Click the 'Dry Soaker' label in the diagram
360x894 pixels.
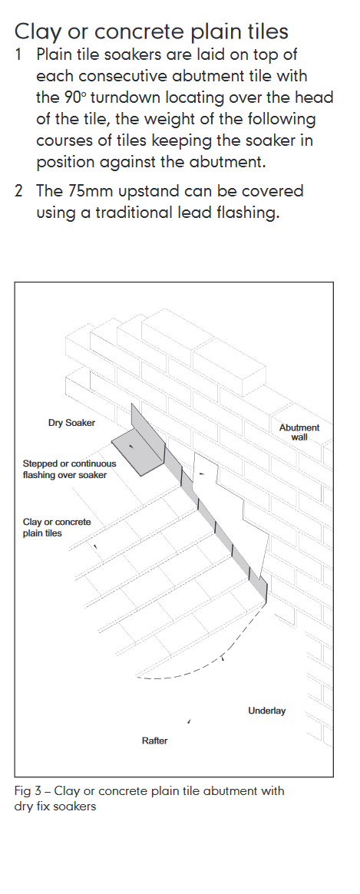pyautogui.click(x=71, y=423)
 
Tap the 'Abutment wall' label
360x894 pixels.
pyautogui.click(x=299, y=432)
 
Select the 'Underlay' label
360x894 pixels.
pyautogui.click(x=266, y=711)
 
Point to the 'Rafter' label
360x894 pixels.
pyautogui.click(x=154, y=741)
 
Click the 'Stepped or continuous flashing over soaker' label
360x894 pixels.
pyautogui.click(x=69, y=469)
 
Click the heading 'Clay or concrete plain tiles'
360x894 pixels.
pyautogui.click(x=151, y=31)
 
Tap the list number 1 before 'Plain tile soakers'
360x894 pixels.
pyautogui.click(x=19, y=54)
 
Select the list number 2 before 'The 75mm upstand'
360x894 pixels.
pyautogui.click(x=19, y=191)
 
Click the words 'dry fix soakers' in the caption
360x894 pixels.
pyautogui.click(x=54, y=807)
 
